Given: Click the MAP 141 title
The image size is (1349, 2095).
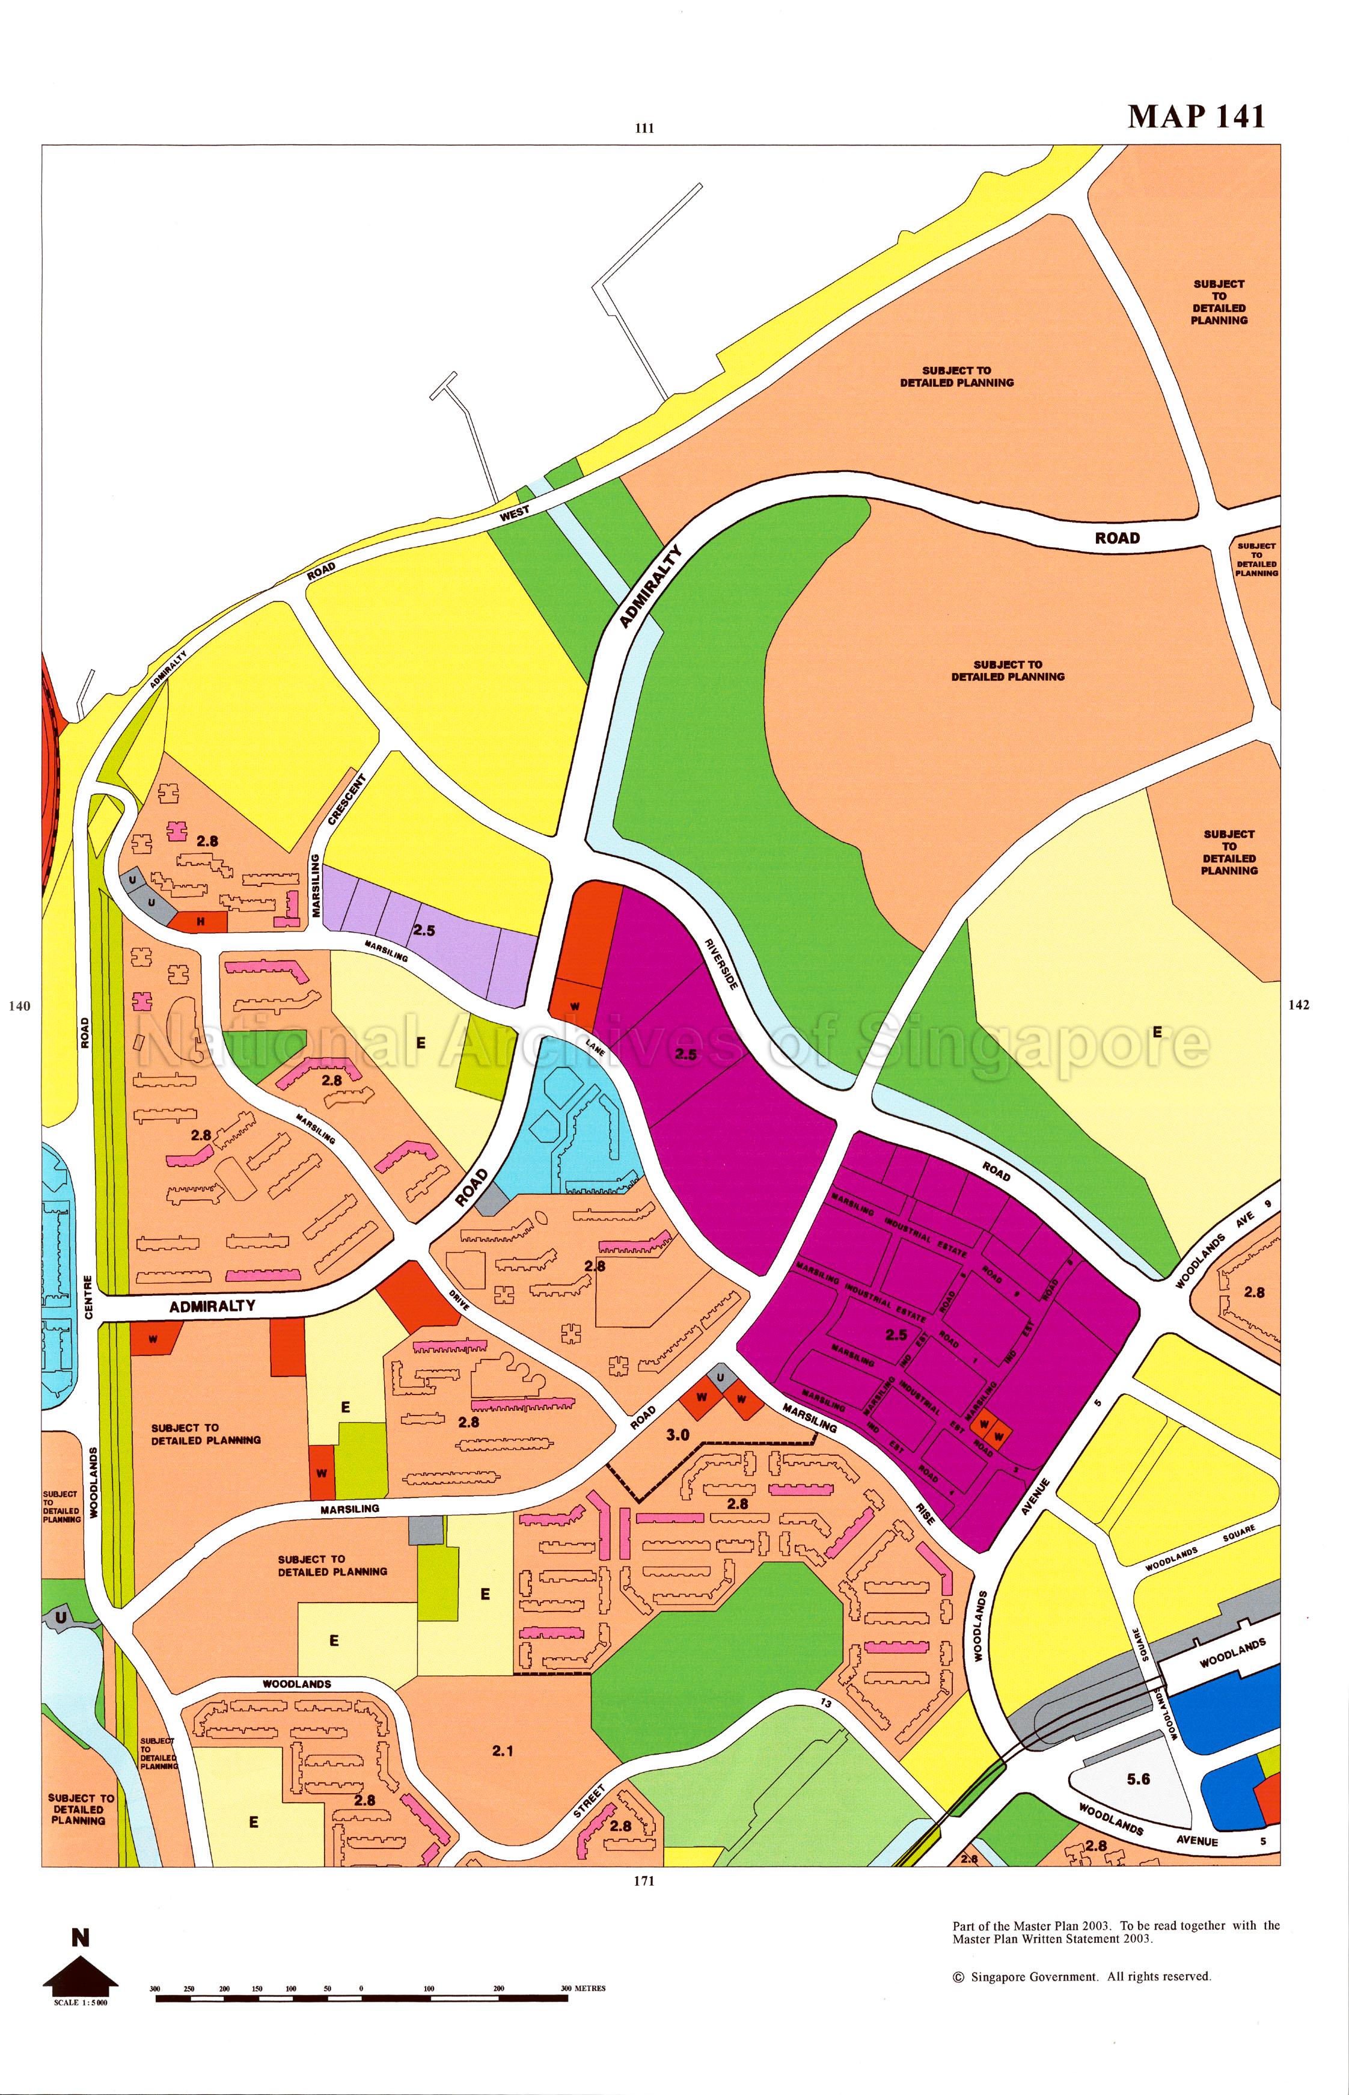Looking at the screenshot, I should coord(1196,117).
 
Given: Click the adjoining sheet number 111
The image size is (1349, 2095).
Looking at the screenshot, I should coord(644,128).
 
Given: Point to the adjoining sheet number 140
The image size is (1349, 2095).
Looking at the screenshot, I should coord(19,1006).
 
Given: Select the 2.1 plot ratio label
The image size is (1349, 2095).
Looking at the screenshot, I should coord(502,1750).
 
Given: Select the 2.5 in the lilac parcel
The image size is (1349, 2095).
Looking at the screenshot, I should coord(424,930).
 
